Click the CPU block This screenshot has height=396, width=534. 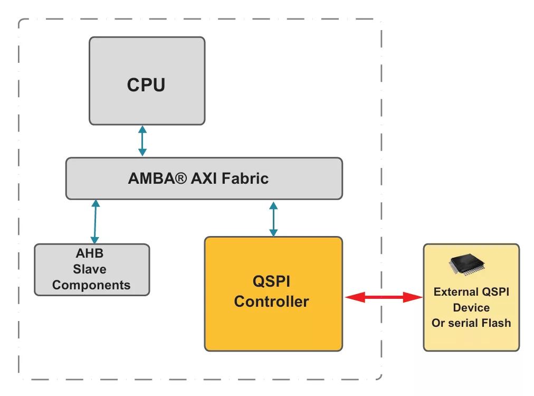[147, 80]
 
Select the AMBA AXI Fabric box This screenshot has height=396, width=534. [204, 178]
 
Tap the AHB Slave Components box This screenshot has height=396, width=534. [92, 269]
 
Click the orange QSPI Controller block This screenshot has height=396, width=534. [273, 294]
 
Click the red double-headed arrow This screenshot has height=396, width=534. [384, 298]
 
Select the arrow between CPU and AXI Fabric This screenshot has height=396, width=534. [142, 141]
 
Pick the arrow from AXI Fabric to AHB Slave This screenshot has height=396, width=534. [95, 221]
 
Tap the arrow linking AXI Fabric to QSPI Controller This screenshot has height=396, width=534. [273, 219]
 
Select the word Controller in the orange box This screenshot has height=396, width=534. [271, 301]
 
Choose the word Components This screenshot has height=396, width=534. [91, 285]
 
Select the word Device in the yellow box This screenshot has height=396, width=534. [471, 307]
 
